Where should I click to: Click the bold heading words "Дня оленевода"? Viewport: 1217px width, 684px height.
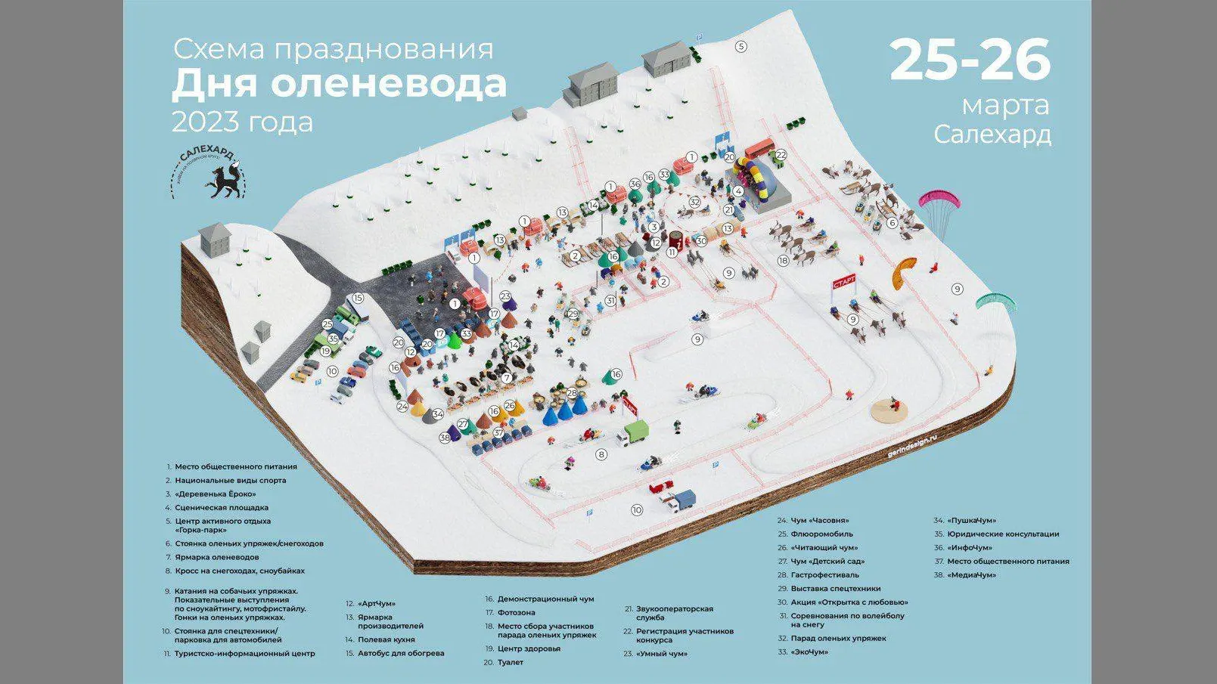click(x=339, y=84)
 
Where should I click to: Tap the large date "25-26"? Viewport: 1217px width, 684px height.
click(x=970, y=60)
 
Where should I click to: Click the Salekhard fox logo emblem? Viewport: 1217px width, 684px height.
click(x=209, y=173)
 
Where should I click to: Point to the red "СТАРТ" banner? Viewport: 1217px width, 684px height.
click(x=844, y=282)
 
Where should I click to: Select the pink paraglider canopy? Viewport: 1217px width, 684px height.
click(x=939, y=200)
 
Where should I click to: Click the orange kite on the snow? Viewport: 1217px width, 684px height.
click(x=904, y=272)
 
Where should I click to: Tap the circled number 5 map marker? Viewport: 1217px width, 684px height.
click(x=741, y=46)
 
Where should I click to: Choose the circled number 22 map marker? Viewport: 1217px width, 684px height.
click(x=781, y=155)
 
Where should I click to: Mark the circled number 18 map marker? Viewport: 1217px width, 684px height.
click(x=784, y=261)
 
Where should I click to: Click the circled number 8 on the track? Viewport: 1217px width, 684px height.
click(x=602, y=454)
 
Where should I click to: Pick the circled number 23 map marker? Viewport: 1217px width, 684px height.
click(x=505, y=297)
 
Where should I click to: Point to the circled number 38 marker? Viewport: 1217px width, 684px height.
click(x=445, y=437)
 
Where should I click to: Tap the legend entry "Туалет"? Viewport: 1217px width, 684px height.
click(x=510, y=662)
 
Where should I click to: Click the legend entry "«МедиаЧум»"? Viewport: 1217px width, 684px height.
click(x=971, y=574)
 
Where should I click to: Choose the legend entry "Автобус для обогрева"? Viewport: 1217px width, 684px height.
click(x=401, y=653)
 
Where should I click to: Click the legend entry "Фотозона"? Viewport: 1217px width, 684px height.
click(x=517, y=612)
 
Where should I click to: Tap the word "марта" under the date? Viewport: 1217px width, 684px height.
click(x=1005, y=105)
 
